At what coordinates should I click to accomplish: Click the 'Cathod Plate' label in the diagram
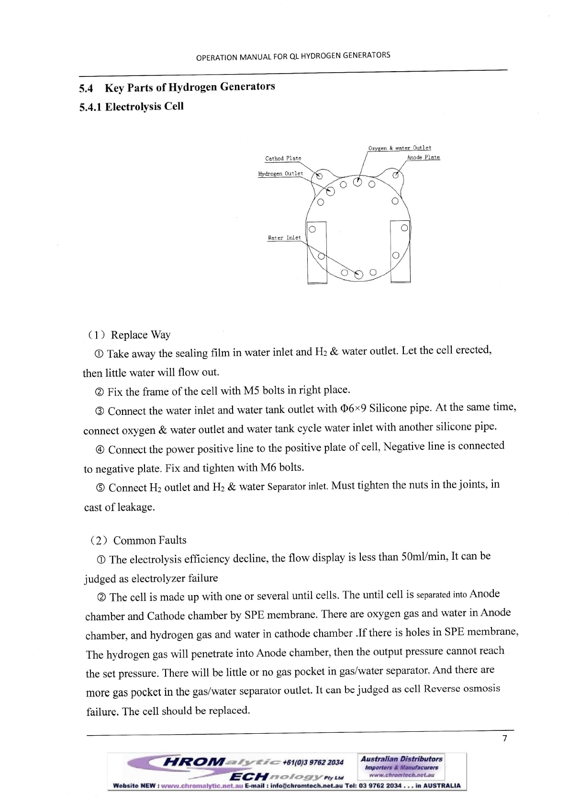click(283, 158)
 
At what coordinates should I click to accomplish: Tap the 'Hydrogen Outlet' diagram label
click(280, 174)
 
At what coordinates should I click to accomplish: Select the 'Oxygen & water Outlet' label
click(400, 148)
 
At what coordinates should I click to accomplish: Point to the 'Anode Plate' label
click(423, 157)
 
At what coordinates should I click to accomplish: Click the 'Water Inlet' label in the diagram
click(284, 238)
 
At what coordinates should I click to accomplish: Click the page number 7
click(504, 739)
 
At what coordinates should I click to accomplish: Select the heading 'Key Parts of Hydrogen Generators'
click(190, 87)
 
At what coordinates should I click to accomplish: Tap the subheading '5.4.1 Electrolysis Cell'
click(131, 107)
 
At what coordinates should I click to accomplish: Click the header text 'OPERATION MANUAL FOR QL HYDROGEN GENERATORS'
click(293, 56)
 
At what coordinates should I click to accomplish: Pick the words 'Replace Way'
click(141, 335)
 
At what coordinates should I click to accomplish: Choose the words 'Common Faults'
click(150, 540)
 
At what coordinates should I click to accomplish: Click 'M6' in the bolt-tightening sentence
click(268, 467)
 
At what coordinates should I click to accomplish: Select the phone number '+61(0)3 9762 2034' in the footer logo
click(313, 762)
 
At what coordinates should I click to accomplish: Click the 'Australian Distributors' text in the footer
click(401, 759)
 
